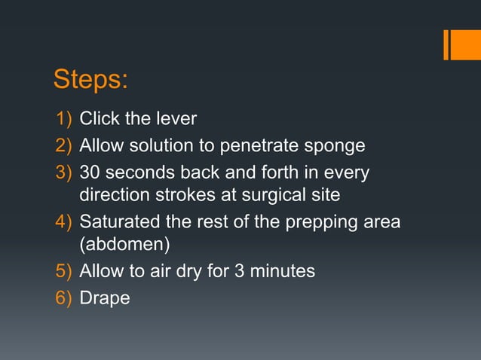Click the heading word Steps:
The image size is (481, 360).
coord(90,79)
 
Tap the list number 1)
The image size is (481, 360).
coord(65,118)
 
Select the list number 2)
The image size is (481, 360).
coord(65,145)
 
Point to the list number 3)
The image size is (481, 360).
coord(65,173)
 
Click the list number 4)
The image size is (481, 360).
coord(65,222)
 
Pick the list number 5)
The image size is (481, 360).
coord(65,271)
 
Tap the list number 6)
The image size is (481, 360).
coord(65,298)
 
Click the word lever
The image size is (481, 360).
coord(176,118)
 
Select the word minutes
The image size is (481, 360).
coord(282,271)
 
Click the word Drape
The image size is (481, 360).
coord(105,298)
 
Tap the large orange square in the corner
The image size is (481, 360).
coord(466,44)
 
